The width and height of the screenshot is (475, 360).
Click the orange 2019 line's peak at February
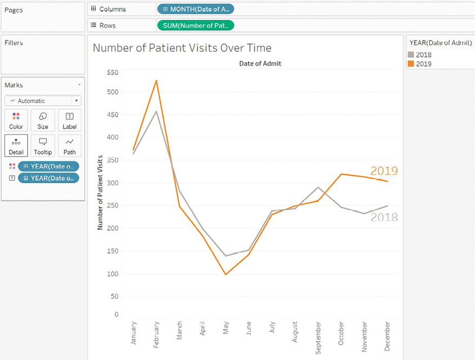156,81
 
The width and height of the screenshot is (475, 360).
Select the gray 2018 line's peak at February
156,112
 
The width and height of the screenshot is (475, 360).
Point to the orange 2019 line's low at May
226,275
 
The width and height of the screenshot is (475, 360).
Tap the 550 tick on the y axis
113,72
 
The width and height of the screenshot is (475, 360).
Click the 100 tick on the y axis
113,274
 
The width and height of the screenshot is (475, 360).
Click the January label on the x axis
133,333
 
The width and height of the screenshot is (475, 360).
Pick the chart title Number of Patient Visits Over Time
182,48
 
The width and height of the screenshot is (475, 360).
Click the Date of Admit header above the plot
260,64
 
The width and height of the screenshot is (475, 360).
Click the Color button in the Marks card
16,120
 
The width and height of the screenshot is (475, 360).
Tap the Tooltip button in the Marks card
43,145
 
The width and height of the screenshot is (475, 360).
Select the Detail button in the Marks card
16,145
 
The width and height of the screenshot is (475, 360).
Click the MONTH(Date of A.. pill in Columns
195,9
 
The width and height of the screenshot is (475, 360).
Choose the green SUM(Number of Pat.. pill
195,25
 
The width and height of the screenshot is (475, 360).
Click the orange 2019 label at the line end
384,171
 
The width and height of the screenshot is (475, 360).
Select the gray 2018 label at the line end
384,217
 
